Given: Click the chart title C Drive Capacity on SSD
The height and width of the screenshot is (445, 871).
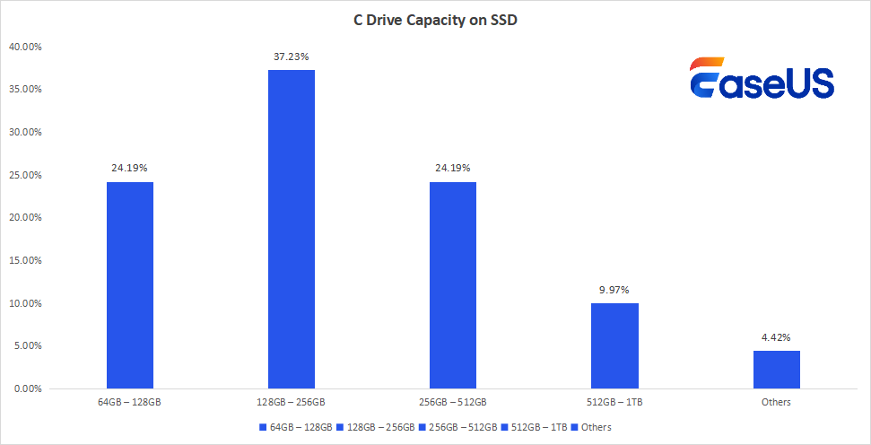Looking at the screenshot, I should (435, 21).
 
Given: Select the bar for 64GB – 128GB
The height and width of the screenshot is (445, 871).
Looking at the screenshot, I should (130, 285).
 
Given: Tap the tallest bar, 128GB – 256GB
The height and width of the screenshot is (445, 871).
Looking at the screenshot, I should (292, 229).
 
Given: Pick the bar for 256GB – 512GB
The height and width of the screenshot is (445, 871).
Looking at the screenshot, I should (453, 285).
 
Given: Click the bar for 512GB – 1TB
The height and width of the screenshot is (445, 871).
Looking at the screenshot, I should (614, 345).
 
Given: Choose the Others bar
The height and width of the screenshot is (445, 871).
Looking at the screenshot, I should (776, 370).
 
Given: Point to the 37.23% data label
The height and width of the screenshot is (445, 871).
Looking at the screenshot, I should (292, 57).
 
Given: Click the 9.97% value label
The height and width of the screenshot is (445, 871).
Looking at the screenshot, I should (614, 290).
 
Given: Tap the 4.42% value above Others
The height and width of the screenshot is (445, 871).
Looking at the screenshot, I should (776, 337).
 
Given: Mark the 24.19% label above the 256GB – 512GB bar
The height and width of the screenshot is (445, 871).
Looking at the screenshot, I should (453, 168).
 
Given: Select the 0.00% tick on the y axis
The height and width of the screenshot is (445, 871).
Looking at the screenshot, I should (28, 389).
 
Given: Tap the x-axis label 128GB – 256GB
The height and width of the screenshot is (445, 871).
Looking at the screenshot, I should (292, 402).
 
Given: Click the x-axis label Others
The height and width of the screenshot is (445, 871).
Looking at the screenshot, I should (776, 402).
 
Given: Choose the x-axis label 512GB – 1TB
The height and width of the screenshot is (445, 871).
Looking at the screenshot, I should (614, 402).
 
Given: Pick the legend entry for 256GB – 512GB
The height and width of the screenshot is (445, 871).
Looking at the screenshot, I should (457, 427).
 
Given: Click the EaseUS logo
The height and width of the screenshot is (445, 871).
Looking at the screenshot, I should (762, 78).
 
